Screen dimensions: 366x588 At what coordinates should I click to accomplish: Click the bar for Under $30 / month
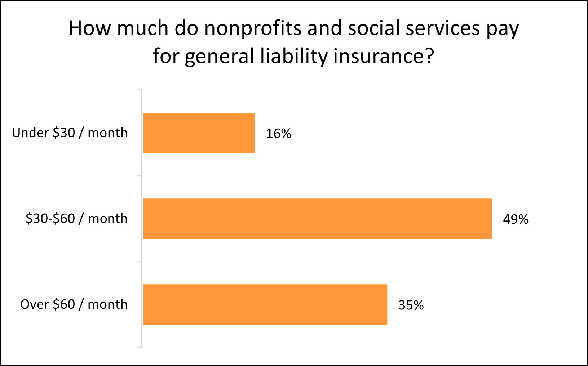click(x=199, y=133)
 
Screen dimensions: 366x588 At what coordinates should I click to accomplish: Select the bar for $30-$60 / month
click(x=317, y=219)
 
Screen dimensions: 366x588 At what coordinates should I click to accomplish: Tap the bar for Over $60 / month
click(x=265, y=304)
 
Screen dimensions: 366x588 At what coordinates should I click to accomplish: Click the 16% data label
click(x=278, y=134)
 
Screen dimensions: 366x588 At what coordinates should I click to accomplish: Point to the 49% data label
click(x=516, y=219)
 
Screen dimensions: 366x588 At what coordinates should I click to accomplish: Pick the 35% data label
click(x=411, y=305)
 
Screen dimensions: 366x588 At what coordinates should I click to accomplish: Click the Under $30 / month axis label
click(x=70, y=133)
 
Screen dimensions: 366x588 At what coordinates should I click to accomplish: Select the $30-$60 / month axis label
click(x=76, y=219)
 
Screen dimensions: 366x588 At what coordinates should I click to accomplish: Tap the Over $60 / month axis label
click(x=74, y=304)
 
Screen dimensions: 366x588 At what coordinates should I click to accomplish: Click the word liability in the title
click(x=293, y=57)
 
